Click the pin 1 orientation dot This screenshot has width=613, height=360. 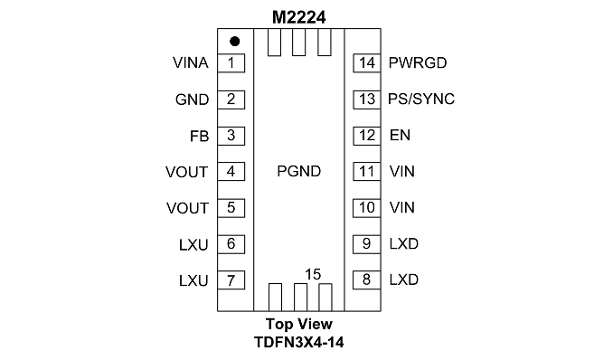234,41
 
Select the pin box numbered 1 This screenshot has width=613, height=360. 231,63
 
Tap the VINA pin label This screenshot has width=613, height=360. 191,62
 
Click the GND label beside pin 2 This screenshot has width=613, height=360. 192,99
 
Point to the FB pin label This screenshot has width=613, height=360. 200,137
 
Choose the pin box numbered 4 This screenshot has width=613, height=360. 231,171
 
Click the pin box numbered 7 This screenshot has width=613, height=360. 231,280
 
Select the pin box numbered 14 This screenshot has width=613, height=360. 367,63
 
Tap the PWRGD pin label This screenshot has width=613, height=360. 418,62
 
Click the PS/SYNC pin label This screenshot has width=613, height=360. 421,99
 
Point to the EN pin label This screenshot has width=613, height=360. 400,135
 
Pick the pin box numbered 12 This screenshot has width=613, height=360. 367,136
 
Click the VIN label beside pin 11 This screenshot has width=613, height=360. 402,171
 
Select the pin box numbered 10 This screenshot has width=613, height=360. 367,208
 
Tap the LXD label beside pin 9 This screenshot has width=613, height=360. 404,244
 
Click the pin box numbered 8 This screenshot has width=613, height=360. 367,279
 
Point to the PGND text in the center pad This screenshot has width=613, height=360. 299,171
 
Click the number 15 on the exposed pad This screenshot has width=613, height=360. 313,274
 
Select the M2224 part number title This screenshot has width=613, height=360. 299,17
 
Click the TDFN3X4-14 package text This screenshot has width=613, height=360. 299,343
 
